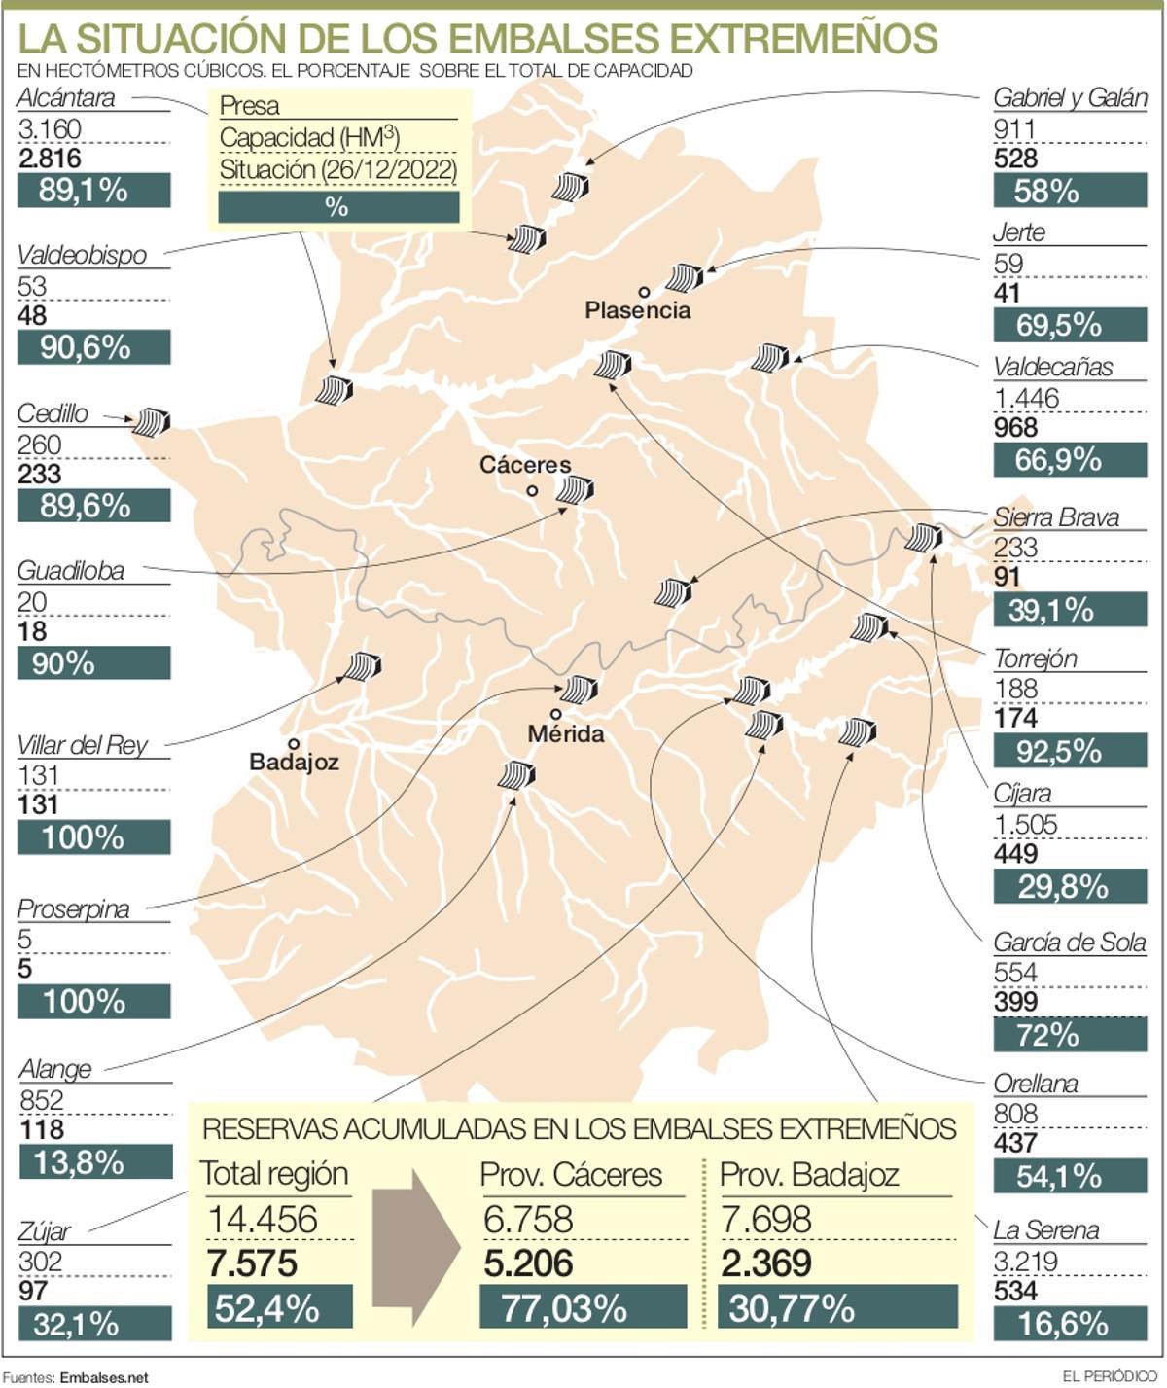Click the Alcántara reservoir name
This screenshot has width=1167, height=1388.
point(66,98)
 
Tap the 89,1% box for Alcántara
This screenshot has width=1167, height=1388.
point(93,191)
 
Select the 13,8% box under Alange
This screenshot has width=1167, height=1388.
point(94,1161)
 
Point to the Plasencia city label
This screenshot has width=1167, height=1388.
point(638,310)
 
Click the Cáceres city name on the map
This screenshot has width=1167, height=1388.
point(525,465)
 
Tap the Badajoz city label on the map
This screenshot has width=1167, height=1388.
point(294,762)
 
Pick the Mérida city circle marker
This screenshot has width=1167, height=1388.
point(555,714)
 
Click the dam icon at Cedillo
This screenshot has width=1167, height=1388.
point(152,421)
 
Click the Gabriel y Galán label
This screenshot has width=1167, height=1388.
point(1070,98)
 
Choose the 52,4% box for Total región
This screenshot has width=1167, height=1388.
point(279,1307)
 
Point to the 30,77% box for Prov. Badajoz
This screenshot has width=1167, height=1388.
point(836,1307)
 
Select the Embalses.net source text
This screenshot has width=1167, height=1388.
point(103,1377)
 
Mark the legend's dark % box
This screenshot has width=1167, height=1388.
point(337,206)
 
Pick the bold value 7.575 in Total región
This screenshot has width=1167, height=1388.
point(252,1263)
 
